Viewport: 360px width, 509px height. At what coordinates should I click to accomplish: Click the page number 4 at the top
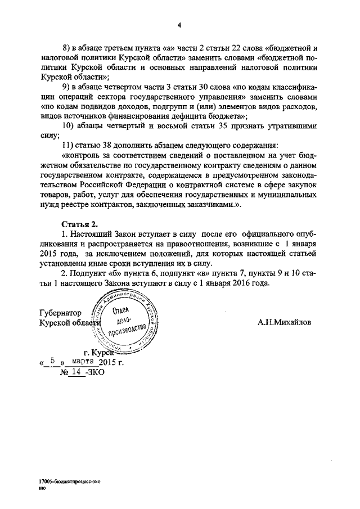(x=179, y=25)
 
